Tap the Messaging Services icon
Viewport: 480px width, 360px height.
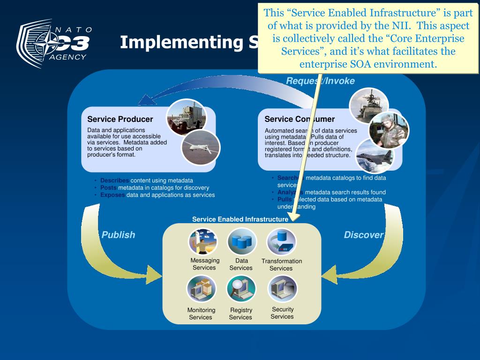(203, 241)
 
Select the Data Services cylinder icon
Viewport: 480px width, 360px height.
(242, 241)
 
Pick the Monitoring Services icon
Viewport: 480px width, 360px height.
(202, 289)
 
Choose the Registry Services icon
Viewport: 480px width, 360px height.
(241, 288)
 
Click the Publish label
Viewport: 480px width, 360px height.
(118, 235)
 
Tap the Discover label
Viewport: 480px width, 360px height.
(364, 235)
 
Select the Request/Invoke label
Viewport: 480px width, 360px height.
(321, 81)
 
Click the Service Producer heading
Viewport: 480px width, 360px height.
(120, 119)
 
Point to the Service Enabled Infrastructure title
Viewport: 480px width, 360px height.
(240, 219)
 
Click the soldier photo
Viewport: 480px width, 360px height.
(389, 130)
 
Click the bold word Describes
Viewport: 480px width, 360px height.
(114, 180)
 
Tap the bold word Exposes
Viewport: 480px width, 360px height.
(112, 195)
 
